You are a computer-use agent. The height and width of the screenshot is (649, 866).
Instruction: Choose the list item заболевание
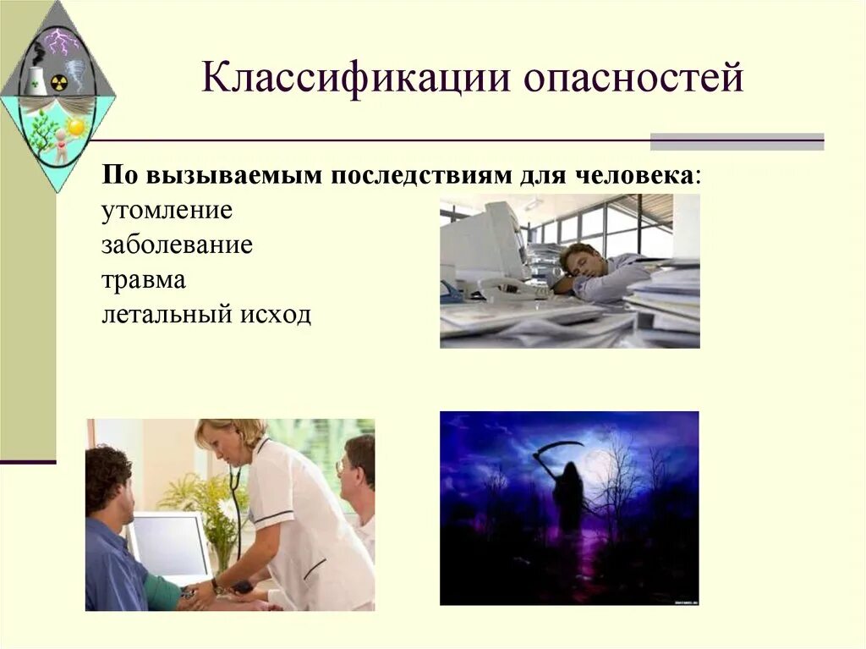(x=178, y=245)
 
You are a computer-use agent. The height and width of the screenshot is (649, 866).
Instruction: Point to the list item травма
(x=144, y=279)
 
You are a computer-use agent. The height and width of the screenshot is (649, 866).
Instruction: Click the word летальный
(x=167, y=315)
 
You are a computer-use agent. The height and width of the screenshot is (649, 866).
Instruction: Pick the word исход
(x=276, y=315)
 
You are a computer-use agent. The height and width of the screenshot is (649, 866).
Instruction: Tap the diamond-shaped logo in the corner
(x=57, y=93)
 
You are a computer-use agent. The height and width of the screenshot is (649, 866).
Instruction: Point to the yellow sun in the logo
(x=76, y=127)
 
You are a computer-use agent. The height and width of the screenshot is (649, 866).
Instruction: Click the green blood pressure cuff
(x=161, y=592)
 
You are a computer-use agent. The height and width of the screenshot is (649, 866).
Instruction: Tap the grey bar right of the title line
(x=737, y=141)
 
